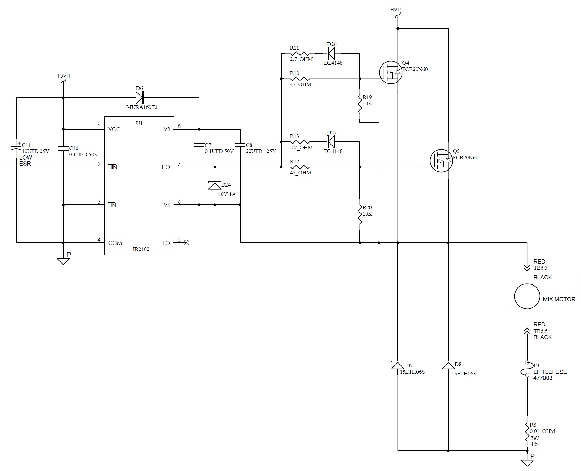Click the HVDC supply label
point(398,10)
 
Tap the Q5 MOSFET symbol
point(441,161)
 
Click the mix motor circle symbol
point(527,296)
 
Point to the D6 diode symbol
point(139,98)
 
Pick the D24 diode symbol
point(215,185)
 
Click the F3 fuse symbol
point(527,369)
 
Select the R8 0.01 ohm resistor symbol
point(527,434)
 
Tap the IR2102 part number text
point(141,249)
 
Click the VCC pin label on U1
point(114,129)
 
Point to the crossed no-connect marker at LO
point(187,242)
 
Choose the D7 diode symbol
point(398,365)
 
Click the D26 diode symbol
point(331,54)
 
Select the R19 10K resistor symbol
point(360,104)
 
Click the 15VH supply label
point(64,76)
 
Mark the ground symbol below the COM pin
point(63,261)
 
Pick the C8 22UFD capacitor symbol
point(240,145)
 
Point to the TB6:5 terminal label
point(540,331)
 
